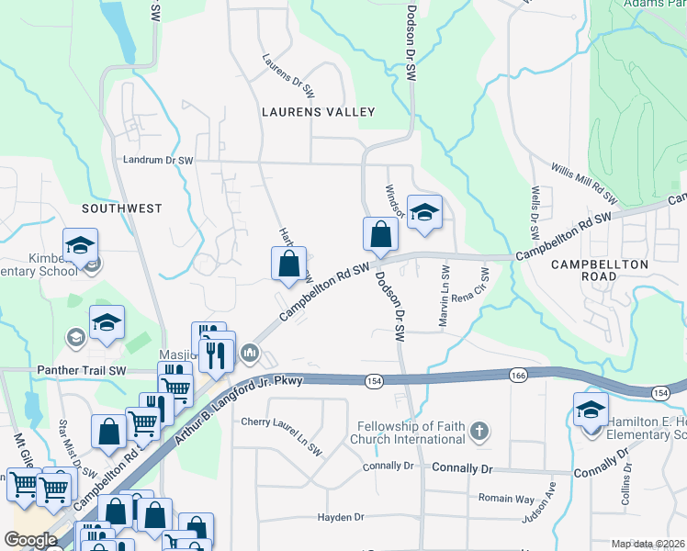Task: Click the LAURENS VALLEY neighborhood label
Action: [x=319, y=112]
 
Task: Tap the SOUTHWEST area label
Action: [x=122, y=208]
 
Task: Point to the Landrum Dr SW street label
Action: [x=159, y=160]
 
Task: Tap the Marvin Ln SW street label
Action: [x=445, y=287]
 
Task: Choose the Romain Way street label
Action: [x=506, y=498]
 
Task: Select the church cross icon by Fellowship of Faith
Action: [x=479, y=430]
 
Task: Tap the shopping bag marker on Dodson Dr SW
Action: [x=380, y=235]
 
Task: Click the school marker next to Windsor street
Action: [x=424, y=212]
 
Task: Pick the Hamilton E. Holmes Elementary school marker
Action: [x=591, y=410]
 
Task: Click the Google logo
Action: [x=30, y=540]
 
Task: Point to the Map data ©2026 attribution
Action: [x=647, y=544]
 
